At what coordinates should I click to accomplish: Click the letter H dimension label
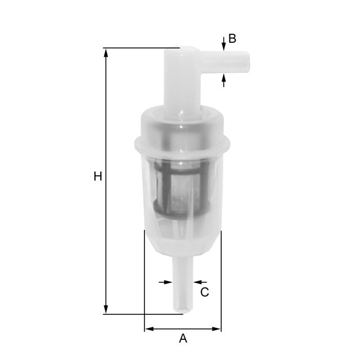[x=98, y=177]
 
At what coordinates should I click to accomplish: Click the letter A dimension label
[x=183, y=339]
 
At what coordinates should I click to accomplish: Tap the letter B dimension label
[x=232, y=39]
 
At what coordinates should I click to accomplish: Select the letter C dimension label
[x=205, y=292]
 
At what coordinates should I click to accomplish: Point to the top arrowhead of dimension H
[x=106, y=52]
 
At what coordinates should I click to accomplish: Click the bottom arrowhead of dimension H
[x=106, y=310]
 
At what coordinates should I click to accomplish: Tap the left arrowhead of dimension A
[x=148, y=328]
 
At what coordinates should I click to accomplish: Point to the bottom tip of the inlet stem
[x=182, y=309]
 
